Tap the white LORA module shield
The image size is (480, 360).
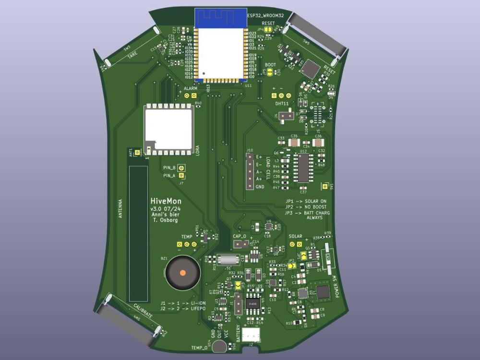[169, 127]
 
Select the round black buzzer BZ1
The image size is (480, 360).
[182, 273]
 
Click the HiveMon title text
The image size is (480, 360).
[163, 202]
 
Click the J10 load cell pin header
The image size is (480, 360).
[250, 172]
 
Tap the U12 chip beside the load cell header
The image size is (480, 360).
[303, 168]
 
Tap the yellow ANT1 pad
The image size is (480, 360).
[137, 153]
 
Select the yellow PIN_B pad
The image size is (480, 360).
[181, 168]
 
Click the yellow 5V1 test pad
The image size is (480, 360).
[325, 186]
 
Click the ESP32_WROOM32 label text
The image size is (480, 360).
[265, 16]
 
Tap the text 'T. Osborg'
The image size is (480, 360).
[165, 220]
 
